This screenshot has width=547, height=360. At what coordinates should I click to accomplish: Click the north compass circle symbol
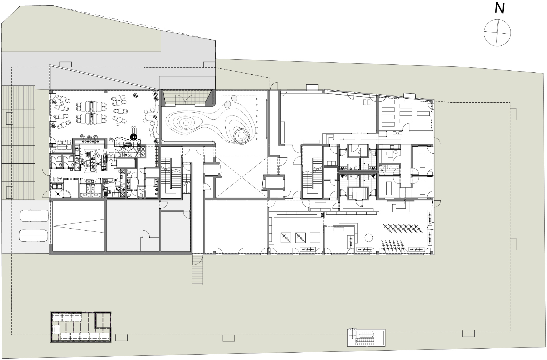(x=497, y=32)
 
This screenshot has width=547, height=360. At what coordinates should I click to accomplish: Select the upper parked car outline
(x=34, y=216)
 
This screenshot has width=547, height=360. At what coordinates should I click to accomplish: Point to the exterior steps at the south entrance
(x=197, y=269)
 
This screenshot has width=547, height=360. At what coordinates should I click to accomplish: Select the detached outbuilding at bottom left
(x=81, y=327)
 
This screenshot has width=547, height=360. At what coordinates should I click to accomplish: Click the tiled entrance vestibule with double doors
(x=187, y=97)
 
